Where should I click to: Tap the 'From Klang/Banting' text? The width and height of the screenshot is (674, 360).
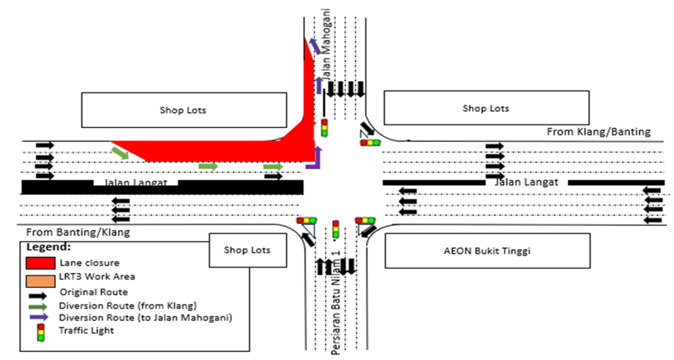[598, 132]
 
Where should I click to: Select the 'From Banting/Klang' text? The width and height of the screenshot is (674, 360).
[78, 233]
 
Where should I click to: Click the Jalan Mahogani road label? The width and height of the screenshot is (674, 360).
[327, 42]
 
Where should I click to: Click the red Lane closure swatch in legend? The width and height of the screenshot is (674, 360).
[40, 262]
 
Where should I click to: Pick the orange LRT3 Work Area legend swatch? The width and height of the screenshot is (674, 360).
[40, 278]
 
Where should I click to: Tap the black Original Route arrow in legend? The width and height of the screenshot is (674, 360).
[40, 291]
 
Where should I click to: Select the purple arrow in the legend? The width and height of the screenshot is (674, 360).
[40, 318]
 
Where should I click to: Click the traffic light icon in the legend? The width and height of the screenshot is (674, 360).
[40, 332]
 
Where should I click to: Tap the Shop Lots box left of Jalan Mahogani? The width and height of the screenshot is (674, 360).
[184, 110]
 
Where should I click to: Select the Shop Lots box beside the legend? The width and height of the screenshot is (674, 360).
[246, 250]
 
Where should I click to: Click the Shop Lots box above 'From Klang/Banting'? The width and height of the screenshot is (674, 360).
[485, 108]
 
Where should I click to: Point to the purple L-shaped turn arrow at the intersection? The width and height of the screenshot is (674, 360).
[317, 160]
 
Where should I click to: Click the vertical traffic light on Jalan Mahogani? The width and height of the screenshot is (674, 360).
[324, 127]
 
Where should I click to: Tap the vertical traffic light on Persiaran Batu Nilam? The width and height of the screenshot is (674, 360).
[335, 229]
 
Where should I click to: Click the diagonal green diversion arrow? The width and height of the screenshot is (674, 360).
[120, 153]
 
